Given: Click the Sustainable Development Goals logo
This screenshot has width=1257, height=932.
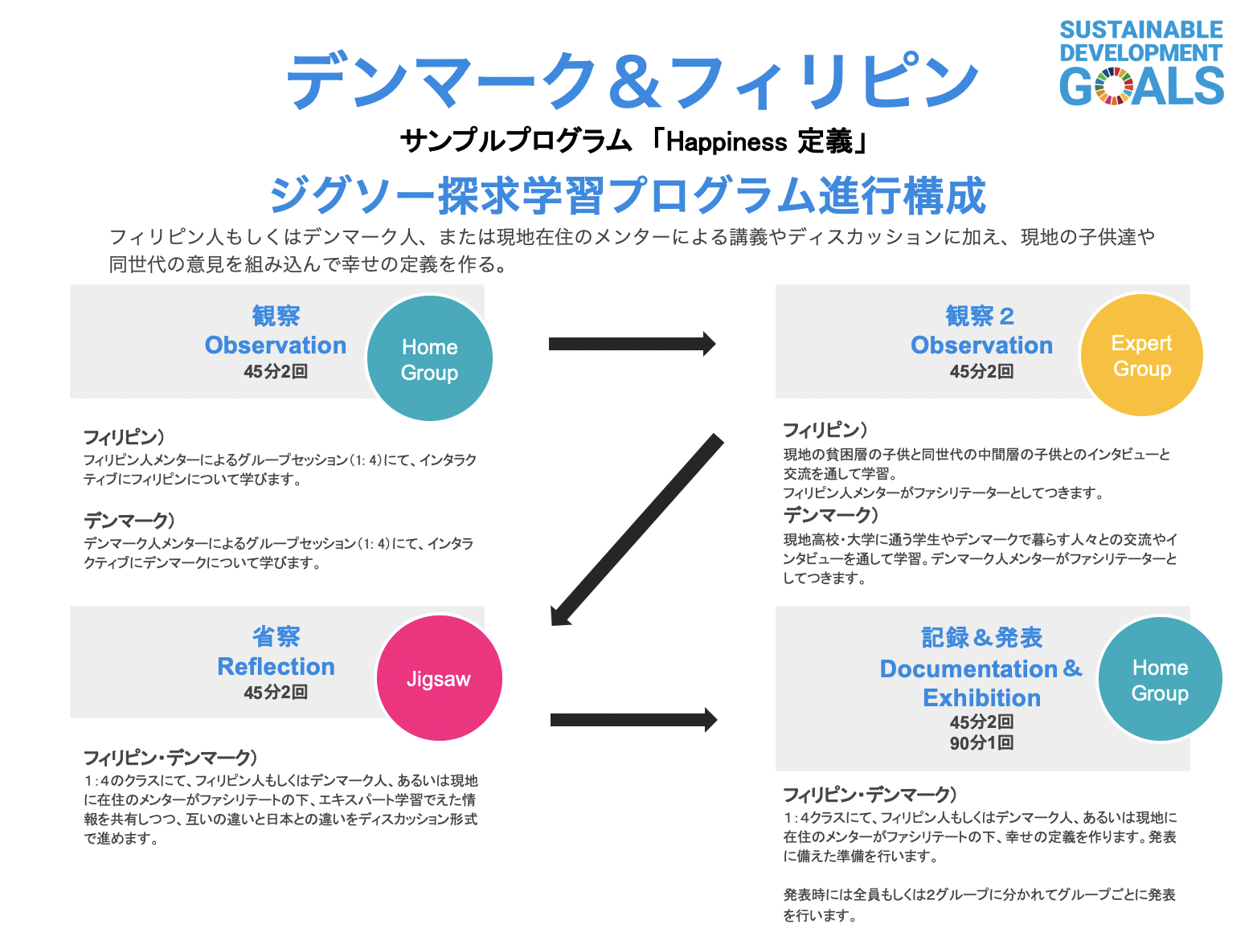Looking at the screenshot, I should [1141, 63].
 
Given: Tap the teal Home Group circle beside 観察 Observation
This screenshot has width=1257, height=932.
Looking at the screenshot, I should [429, 358].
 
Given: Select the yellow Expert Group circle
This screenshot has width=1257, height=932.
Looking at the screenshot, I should [1141, 355].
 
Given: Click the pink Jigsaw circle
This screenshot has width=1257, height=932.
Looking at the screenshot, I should [439, 679].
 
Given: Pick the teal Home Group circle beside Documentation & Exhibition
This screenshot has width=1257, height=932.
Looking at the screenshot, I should [1160, 679].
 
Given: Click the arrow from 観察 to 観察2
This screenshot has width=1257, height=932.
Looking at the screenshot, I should [632, 344].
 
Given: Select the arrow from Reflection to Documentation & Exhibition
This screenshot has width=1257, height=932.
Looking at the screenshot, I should [633, 720].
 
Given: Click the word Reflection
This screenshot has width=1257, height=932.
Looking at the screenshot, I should [276, 666].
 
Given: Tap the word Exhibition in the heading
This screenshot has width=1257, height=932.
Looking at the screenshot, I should [981, 697].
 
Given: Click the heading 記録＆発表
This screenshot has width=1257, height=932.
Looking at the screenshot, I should [981, 637].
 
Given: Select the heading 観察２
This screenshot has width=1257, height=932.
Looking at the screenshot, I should [980, 316].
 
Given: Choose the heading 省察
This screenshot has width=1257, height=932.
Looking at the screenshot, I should [276, 636].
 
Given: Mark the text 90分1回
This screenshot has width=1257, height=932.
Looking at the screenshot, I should [981, 742].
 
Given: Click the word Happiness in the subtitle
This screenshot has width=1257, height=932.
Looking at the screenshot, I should [726, 142].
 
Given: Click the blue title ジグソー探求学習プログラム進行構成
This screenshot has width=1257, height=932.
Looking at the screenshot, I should [628, 195].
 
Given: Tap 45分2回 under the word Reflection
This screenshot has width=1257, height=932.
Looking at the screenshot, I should [276, 692].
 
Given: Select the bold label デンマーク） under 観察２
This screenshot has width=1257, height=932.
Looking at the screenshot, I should [831, 515].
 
